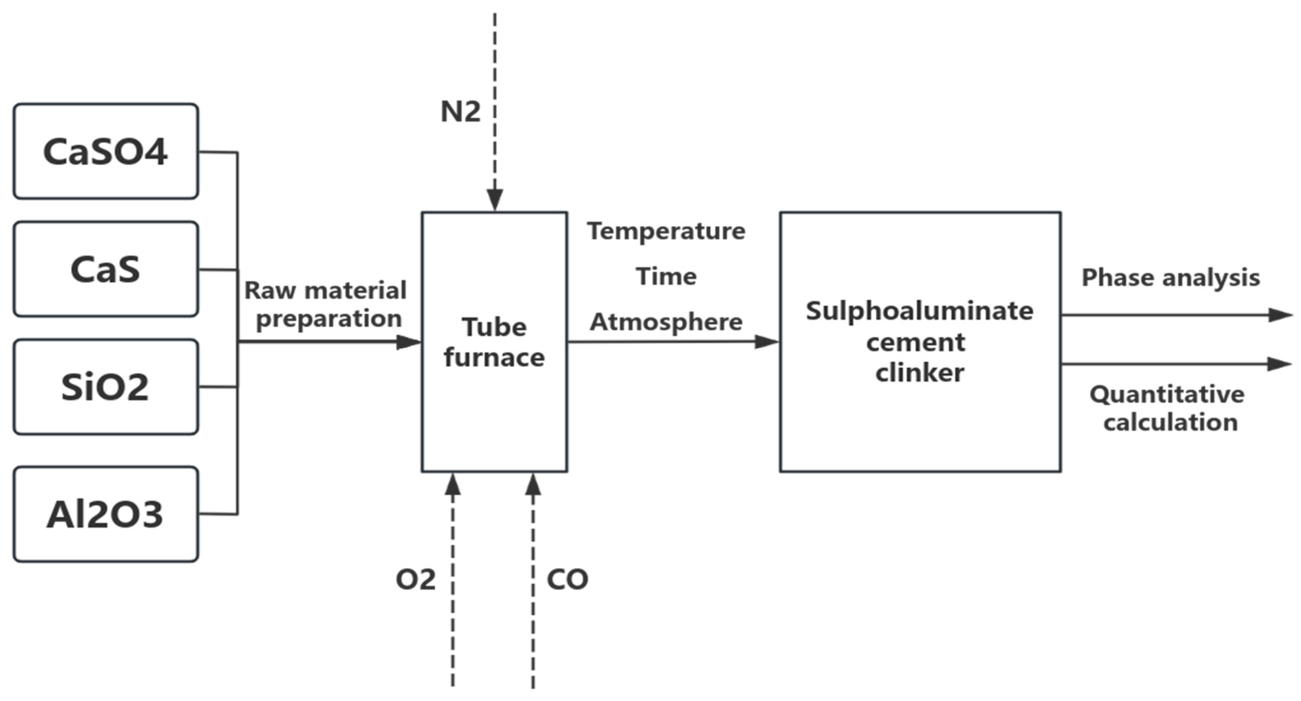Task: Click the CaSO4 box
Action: (x=106, y=152)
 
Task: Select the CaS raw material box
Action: (x=106, y=269)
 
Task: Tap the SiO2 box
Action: (x=106, y=387)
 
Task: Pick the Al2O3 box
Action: (x=106, y=514)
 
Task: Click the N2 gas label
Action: (x=460, y=111)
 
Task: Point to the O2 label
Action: (x=415, y=579)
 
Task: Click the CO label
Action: (x=567, y=579)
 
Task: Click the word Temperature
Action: (x=666, y=231)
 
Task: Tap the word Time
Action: (x=666, y=276)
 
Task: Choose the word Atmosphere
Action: (x=666, y=322)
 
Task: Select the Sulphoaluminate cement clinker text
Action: (x=919, y=342)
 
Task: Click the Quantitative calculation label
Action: (x=1167, y=408)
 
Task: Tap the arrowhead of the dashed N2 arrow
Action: (x=495, y=200)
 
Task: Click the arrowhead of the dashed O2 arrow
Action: (x=453, y=484)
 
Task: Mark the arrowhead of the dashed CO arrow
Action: (x=533, y=484)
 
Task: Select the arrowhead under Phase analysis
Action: (x=1280, y=315)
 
